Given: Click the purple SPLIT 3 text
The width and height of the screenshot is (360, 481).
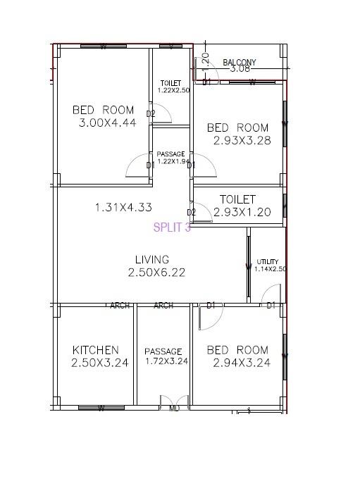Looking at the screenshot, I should (172, 227).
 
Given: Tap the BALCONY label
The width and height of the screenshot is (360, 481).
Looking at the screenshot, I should (240, 63).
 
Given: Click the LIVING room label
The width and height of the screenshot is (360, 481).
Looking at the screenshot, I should (152, 260).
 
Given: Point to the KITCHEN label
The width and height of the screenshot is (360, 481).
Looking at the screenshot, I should (96, 350).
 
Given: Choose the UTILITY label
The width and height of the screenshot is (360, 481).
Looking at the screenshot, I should (268, 261).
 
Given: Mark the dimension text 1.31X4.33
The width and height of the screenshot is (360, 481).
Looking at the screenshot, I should (123, 208).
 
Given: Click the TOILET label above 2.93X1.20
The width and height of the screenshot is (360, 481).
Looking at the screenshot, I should (237, 199).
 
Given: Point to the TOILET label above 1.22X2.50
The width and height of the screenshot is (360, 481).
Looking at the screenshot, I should (170, 83).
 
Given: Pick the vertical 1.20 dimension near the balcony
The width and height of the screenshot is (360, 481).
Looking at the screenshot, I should (206, 59).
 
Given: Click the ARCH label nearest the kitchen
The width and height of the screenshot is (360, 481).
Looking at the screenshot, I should (120, 306).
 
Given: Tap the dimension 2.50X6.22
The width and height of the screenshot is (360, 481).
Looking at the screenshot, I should (156, 273).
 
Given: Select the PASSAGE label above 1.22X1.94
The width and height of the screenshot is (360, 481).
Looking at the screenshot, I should (170, 154).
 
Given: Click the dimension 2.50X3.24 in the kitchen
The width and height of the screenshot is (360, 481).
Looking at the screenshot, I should (99, 363).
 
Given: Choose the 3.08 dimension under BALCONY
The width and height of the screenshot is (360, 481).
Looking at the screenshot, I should (240, 69).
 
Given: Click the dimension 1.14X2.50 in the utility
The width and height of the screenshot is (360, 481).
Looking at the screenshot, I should (271, 268).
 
